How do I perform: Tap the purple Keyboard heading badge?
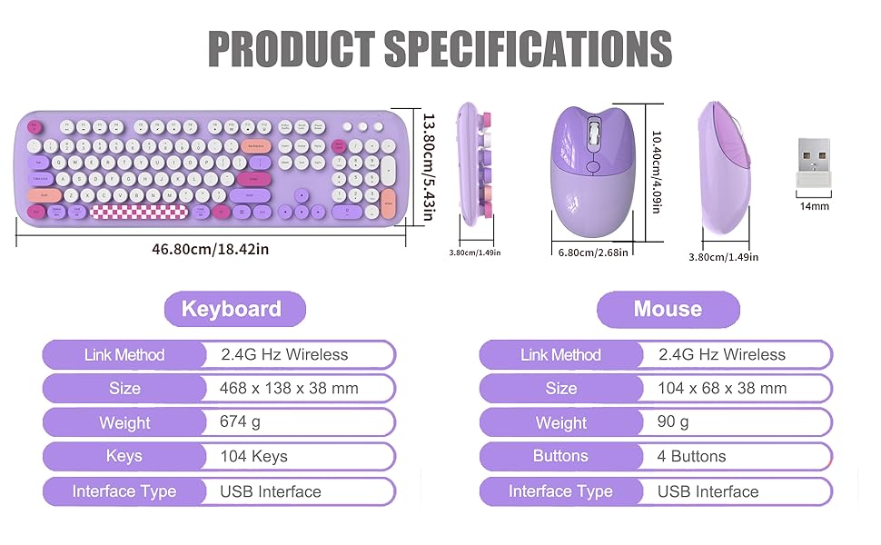click(x=233, y=309)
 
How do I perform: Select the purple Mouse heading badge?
click(x=668, y=309)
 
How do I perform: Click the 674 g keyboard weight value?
click(x=240, y=422)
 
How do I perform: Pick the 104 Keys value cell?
click(x=253, y=456)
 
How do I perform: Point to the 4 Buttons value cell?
click(x=691, y=456)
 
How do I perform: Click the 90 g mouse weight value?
click(x=673, y=422)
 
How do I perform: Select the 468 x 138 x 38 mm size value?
click(x=289, y=388)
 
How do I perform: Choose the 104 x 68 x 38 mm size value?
click(x=721, y=388)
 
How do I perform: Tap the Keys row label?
click(x=124, y=456)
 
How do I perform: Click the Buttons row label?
click(x=560, y=456)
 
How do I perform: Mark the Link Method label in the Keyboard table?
click(x=124, y=354)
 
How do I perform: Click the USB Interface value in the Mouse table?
click(x=708, y=491)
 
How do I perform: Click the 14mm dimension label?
click(x=815, y=206)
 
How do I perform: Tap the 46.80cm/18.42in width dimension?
click(x=210, y=248)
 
